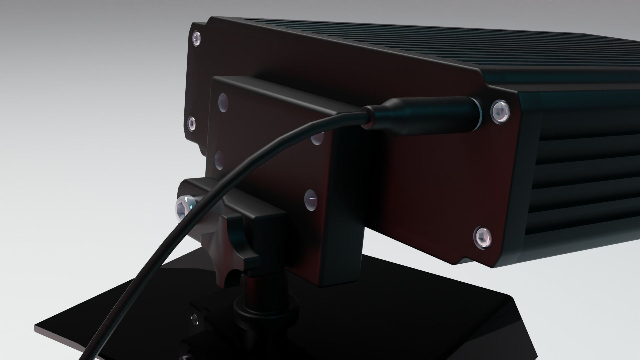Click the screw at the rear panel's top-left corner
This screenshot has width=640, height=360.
(197, 39)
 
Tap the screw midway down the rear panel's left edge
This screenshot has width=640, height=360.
(191, 124)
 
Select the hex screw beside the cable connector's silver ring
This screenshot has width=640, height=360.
(500, 112)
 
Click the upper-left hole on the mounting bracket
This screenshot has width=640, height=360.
(222, 103)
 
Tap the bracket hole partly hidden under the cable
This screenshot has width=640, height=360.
(317, 139)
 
